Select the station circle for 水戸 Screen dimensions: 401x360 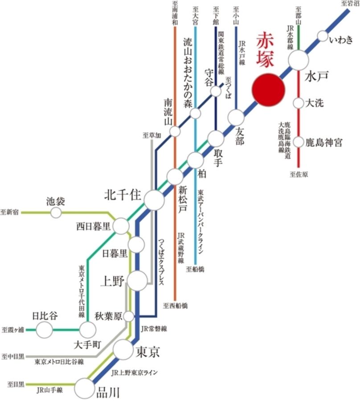pos(299,60)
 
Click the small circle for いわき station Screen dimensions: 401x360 pos(323,35)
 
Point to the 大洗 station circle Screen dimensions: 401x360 pos(299,103)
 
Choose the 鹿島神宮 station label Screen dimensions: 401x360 pos(324,143)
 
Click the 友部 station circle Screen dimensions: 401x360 pos(236,117)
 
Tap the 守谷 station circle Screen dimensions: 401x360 pos(216,91)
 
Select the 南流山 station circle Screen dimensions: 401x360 pos(175,131)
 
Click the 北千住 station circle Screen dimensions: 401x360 pos(155,200)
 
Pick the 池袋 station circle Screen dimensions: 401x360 pos(56,213)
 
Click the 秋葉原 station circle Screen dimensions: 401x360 pos(129,316)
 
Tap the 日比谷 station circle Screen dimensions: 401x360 pos(44,330)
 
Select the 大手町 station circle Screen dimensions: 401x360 pos(87,330)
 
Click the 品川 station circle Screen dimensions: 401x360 pos(84,388)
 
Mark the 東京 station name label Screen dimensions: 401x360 pos(147,352)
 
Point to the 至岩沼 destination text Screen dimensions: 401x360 pos(350,4)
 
